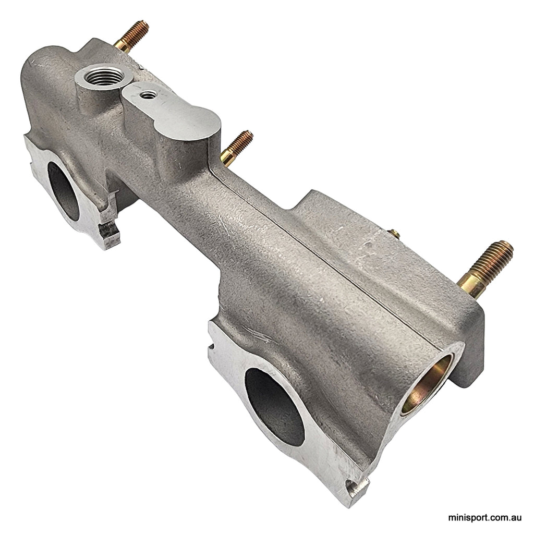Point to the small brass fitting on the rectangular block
point(395,235)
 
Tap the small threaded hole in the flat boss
point(149,94)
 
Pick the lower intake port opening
point(274,404)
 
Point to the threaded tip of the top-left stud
point(143,26)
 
